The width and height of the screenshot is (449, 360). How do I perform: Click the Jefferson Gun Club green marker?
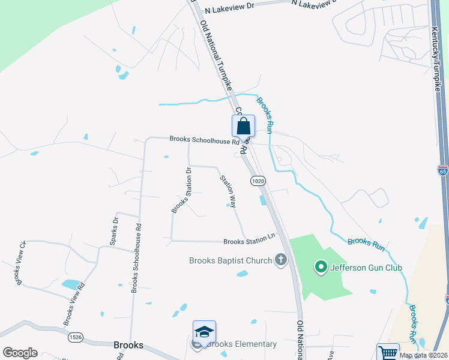pyautogui.click(x=320, y=267)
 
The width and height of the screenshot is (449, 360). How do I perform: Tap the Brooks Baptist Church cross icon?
pyautogui.click(x=280, y=260)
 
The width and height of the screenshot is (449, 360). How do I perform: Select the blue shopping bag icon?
pyautogui.click(x=243, y=126)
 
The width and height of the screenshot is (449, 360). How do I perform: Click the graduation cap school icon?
pyautogui.click(x=204, y=332)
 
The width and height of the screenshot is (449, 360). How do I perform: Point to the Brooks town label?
pyautogui.click(x=128, y=345)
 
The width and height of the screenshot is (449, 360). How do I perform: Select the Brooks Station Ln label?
pyautogui.click(x=249, y=242)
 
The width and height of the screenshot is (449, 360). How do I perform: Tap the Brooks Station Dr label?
pyautogui.click(x=181, y=190)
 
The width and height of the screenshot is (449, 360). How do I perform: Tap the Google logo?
pyautogui.click(x=20, y=352)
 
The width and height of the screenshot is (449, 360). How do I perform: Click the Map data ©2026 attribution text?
pyautogui.click(x=423, y=355)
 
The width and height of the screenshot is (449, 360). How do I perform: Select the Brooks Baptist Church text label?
pyautogui.click(x=231, y=260)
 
